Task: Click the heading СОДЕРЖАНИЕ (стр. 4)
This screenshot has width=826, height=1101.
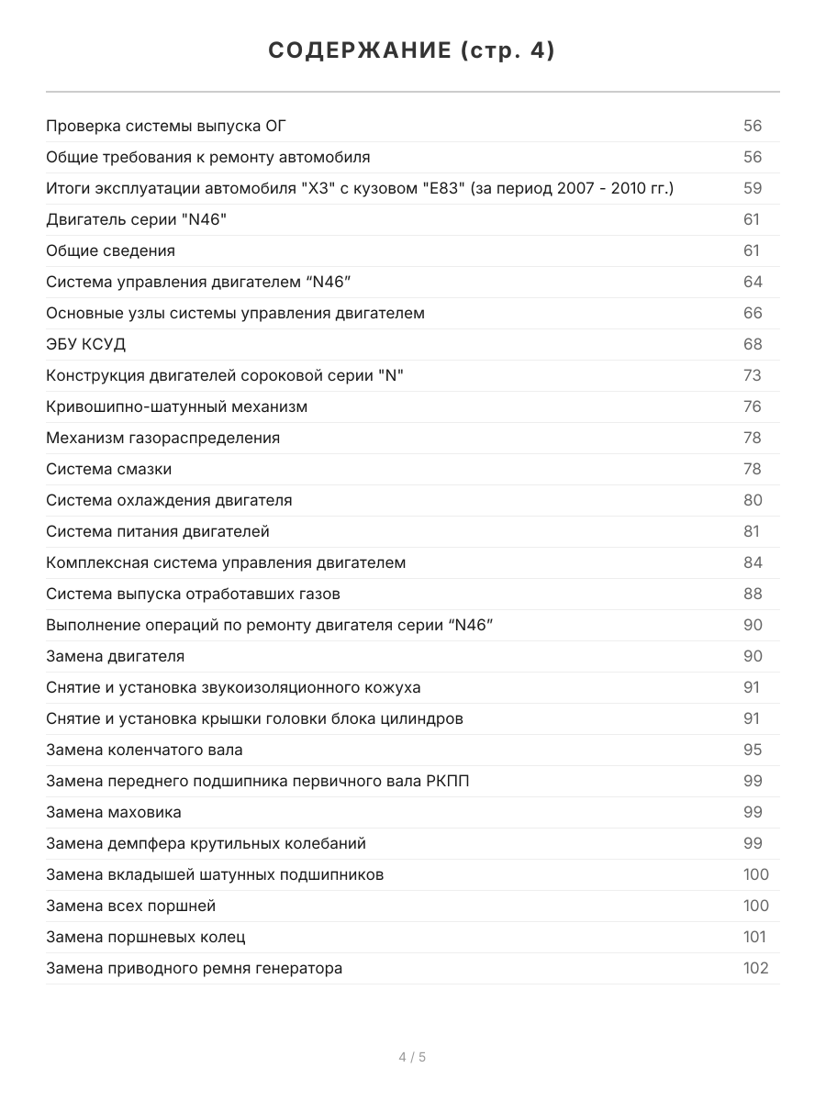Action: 412,51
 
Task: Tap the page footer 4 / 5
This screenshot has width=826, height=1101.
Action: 412,1057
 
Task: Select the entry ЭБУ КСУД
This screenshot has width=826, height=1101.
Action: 86,344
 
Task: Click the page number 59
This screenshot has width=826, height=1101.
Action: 753,188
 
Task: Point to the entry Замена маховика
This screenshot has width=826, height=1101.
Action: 114,812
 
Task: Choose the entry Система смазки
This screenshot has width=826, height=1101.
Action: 108,469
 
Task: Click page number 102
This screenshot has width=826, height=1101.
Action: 755,968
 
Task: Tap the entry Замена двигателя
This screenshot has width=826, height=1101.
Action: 116,656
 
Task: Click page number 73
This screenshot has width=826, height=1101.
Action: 753,375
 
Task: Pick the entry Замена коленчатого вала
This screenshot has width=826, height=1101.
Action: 144,750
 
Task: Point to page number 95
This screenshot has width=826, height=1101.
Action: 753,750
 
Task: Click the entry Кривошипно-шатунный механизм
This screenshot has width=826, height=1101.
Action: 176,406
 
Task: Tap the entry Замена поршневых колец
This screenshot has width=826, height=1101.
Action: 146,937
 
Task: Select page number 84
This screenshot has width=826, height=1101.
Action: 753,562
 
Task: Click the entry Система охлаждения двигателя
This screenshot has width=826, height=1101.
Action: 169,500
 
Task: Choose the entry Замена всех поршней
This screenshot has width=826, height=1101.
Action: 131,906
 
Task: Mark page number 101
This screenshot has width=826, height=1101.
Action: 755,937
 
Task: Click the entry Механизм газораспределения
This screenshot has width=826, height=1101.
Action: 162,438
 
